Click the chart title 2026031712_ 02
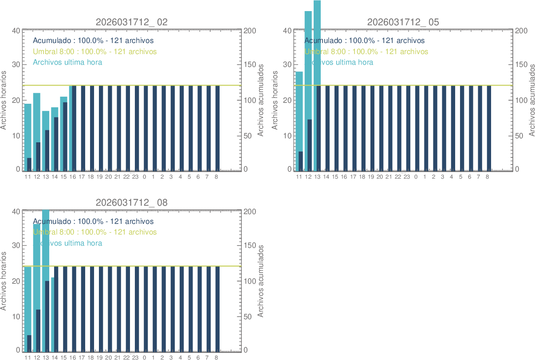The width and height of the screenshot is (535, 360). point(132,22)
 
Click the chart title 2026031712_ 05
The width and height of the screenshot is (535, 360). point(403,22)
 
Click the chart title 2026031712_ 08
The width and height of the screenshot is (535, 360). point(132,203)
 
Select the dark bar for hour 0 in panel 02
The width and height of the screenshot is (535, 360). point(146,128)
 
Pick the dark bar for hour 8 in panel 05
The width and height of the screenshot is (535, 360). point(489,128)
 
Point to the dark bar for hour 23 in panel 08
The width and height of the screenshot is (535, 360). point(137,308)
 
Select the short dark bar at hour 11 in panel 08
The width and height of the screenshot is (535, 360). point(29,342)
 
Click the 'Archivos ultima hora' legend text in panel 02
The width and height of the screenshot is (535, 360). point(67,62)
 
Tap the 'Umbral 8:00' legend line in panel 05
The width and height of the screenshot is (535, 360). point(366,51)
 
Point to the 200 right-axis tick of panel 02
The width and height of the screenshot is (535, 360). point(250,31)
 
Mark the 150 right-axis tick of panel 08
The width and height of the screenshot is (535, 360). point(250,245)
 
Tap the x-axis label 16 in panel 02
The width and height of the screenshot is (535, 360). point(73,177)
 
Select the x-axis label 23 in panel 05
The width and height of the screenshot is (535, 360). point(407,177)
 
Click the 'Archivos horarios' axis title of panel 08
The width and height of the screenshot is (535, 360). point(4,281)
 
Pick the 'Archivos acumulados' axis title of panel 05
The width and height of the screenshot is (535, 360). point(531,100)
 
